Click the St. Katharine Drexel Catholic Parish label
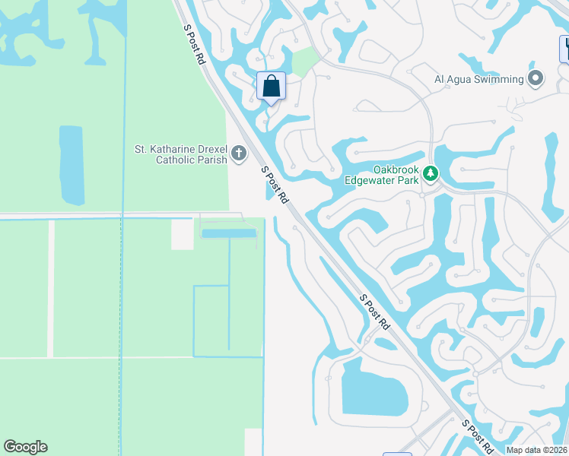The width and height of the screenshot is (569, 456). [180, 154]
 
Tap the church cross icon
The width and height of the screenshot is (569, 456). [239, 154]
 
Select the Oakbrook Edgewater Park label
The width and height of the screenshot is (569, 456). [396, 175]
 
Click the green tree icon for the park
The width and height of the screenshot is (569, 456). [431, 174]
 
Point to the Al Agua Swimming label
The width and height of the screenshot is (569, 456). [478, 79]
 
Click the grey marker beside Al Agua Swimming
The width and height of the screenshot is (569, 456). [536, 78]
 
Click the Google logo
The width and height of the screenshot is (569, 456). [25, 447]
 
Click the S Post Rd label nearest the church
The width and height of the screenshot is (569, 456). [275, 185]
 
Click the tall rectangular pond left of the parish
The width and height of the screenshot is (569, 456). [71, 165]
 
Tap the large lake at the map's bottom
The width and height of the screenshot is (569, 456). [374, 388]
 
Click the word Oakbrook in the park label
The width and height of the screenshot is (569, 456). [396, 169]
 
